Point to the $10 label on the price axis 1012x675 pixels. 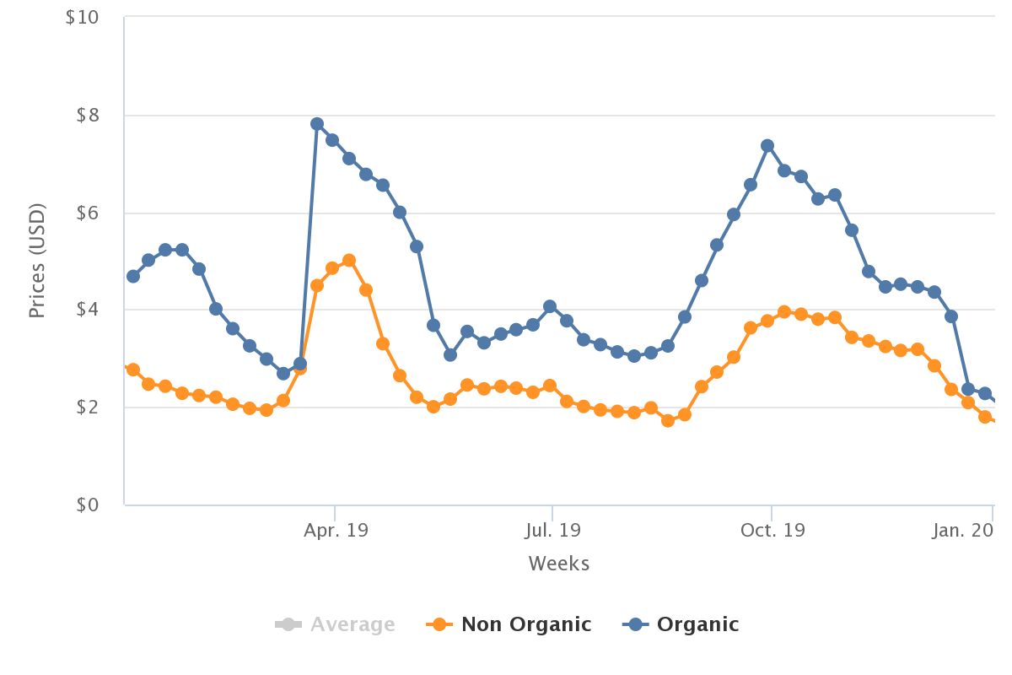pyautogui.click(x=82, y=17)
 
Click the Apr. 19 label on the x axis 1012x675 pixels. pyautogui.click(x=336, y=531)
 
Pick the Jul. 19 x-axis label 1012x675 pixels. pyautogui.click(x=552, y=531)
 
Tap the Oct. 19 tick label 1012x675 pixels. pyautogui.click(x=772, y=531)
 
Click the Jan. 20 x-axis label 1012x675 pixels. pyautogui.click(x=963, y=531)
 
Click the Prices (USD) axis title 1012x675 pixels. pyautogui.click(x=36, y=261)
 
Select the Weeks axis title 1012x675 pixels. pyautogui.click(x=558, y=564)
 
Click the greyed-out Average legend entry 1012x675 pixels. pyautogui.click(x=335, y=624)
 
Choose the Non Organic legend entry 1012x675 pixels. pyautogui.click(x=509, y=624)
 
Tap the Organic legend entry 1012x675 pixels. pyautogui.click(x=681, y=624)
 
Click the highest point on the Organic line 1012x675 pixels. pyautogui.click(x=317, y=124)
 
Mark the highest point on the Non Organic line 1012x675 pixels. pyautogui.click(x=349, y=261)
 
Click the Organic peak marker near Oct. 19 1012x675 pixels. pyautogui.click(x=767, y=146)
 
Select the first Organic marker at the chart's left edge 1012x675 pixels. pyautogui.click(x=133, y=276)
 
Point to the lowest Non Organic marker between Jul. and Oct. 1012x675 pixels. pyautogui.click(x=668, y=420)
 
